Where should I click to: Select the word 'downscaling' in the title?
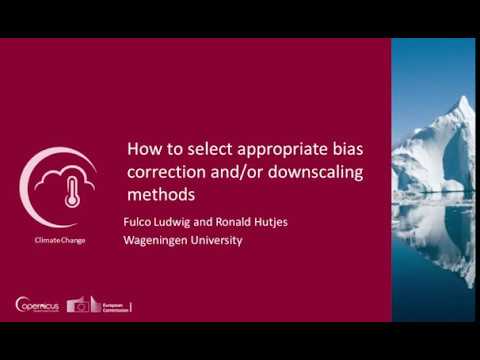pos(315,171)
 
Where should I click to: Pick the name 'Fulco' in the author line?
pos(139,221)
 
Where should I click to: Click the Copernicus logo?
pos(38,305)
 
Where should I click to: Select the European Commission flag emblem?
pos(80,305)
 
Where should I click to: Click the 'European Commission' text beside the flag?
pos(113,305)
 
